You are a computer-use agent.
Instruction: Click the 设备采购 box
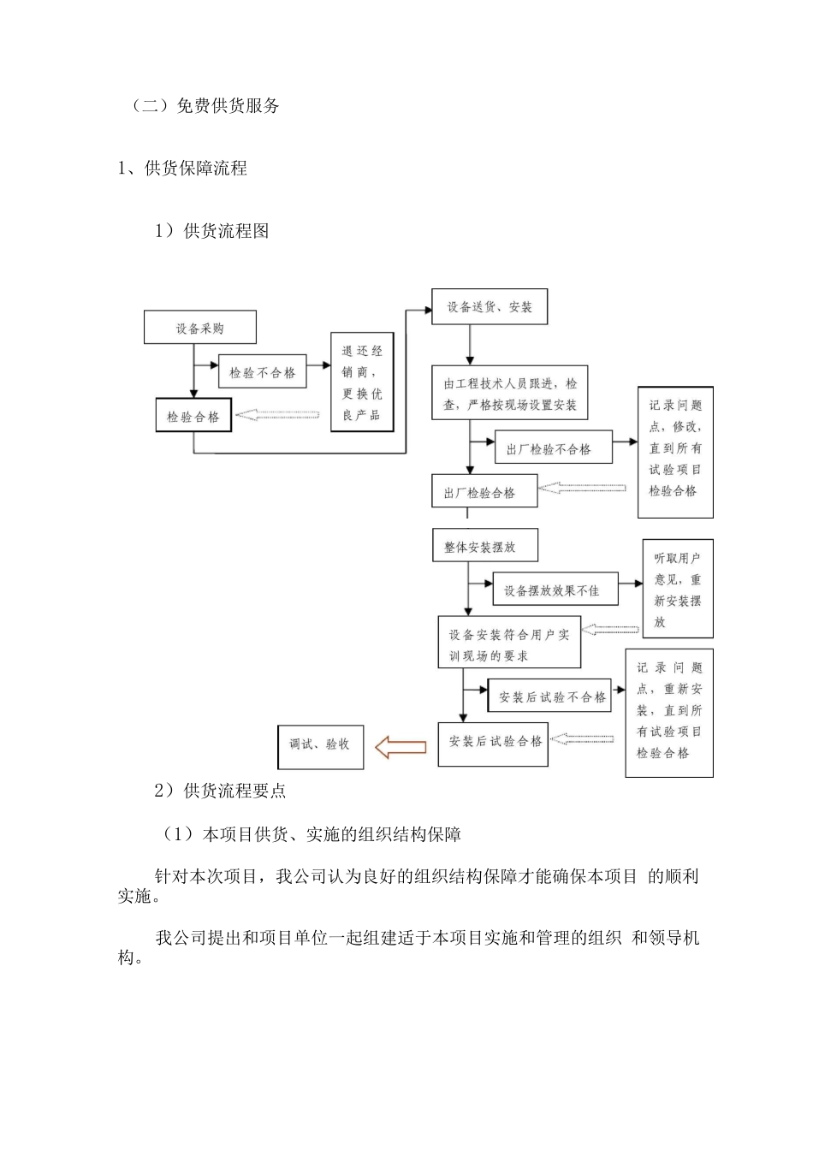pos(200,329)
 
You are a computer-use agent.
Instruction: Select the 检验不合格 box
pos(263,372)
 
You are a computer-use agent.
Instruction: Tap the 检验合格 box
pos(193,417)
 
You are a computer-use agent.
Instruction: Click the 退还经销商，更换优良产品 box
pos(362,382)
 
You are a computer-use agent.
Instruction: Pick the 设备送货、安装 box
pos(490,306)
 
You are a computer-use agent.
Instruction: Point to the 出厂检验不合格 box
pos(553,448)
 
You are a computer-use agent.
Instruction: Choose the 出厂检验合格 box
pos(484,492)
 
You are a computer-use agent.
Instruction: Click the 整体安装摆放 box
pos(484,547)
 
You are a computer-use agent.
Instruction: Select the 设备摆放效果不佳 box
pos(555,590)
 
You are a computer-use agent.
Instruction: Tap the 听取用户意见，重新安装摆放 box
pos(678,590)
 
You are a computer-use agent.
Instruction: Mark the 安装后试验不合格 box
pos(552,697)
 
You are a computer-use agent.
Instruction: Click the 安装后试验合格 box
pos(493,742)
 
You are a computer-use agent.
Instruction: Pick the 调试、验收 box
pos(320,744)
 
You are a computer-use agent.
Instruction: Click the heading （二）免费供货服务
pos(206,106)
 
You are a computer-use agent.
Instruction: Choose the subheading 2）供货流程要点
pos(220,791)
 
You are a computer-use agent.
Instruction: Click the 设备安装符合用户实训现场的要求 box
pos(509,644)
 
